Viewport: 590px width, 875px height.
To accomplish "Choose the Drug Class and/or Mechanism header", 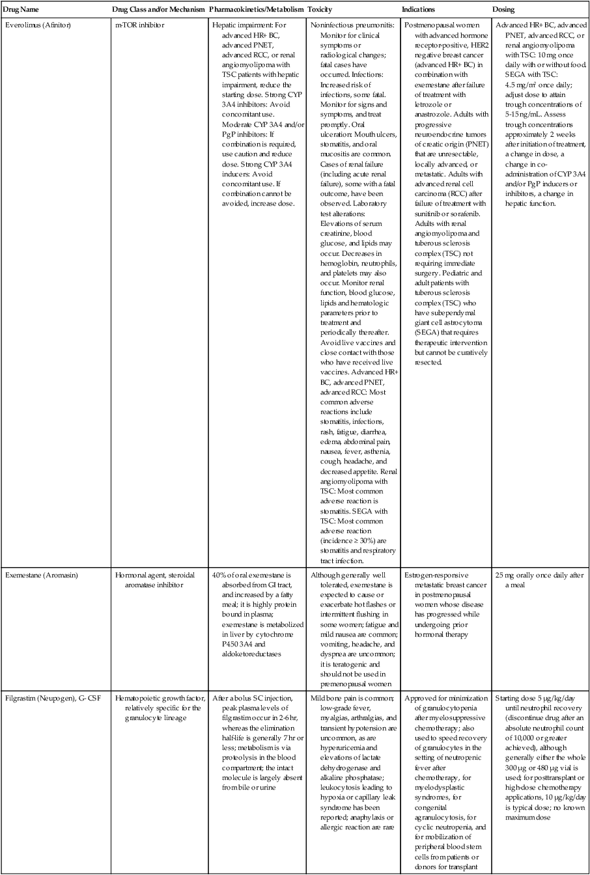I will point(158,10).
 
